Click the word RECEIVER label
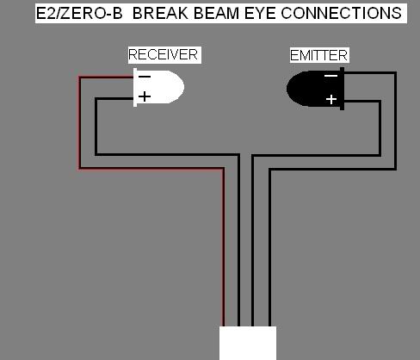[x=163, y=54]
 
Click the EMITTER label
[x=318, y=55]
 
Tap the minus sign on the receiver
[x=145, y=77]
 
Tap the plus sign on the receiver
[x=145, y=96]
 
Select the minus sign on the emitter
[x=330, y=76]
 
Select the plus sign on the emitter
[x=331, y=100]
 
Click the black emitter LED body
[x=315, y=89]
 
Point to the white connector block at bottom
[x=248, y=343]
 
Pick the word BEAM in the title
[x=216, y=13]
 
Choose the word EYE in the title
[x=260, y=13]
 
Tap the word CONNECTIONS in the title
[x=341, y=13]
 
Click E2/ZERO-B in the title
[x=79, y=13]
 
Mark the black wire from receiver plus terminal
[x=168, y=155]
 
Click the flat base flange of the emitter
[x=342, y=89]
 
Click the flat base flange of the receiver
[x=135, y=88]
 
